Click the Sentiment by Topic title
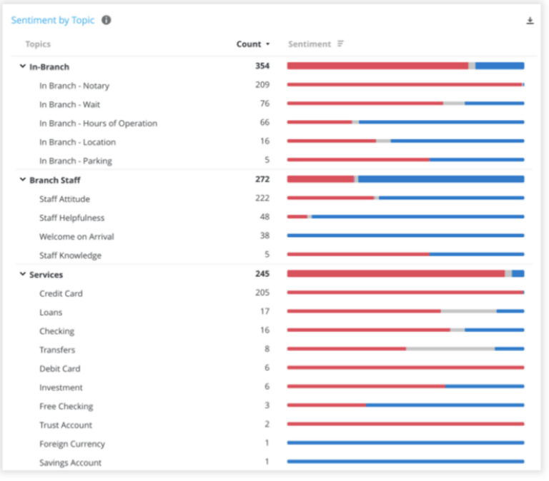(52, 20)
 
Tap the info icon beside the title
(107, 20)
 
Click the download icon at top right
(530, 21)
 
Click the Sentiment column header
(310, 44)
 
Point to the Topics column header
(38, 44)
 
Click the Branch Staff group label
(54, 180)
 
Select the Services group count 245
(262, 274)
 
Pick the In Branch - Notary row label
(74, 86)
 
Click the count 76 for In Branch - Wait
(264, 104)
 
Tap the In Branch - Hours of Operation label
(98, 123)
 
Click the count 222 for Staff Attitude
(262, 198)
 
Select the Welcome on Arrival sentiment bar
(405, 236)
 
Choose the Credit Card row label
(61, 293)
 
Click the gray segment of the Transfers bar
(450, 349)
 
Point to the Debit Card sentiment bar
(405, 368)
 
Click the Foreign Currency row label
(72, 444)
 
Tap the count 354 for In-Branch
(262, 66)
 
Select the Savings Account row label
(70, 462)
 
